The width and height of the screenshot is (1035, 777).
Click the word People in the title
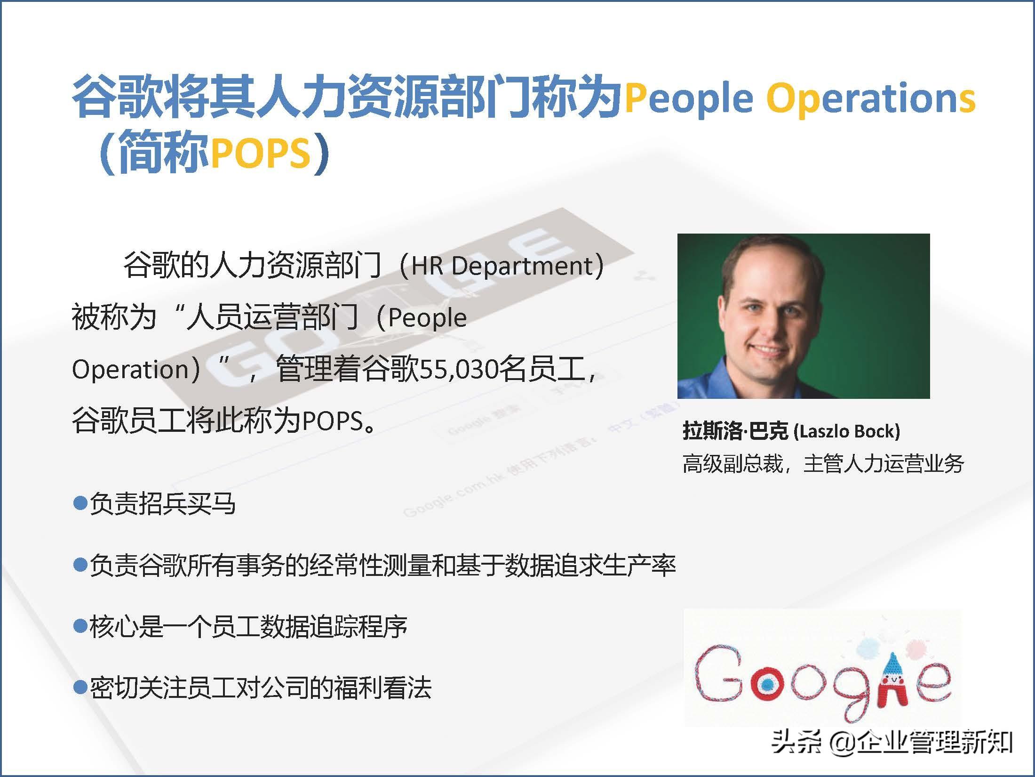689,98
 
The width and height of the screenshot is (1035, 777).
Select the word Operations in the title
871,98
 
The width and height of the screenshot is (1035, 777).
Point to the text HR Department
502,266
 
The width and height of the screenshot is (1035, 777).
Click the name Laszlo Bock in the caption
847,431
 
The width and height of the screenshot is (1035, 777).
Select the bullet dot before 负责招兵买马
80,503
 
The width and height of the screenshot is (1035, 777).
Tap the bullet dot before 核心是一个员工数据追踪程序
80,626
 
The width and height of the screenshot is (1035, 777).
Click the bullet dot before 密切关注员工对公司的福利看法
80,687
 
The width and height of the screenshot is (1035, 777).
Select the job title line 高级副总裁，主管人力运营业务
823,464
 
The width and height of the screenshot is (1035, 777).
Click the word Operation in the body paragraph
130,370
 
